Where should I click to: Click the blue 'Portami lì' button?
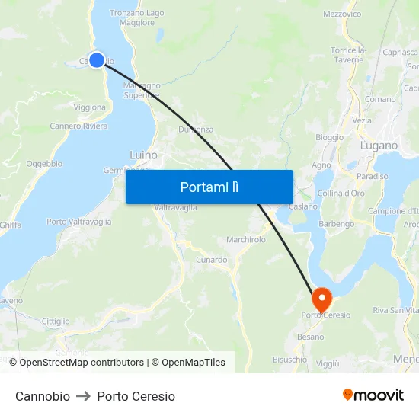click(x=209, y=187)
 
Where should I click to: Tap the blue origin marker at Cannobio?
click(x=97, y=59)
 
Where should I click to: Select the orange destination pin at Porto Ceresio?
click(x=321, y=298)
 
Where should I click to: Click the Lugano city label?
click(x=379, y=146)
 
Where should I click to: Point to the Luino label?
click(x=144, y=155)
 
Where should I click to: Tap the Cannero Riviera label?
click(x=78, y=126)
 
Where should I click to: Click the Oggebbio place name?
click(x=44, y=164)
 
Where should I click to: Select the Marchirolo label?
click(x=246, y=239)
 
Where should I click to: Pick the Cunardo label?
click(x=210, y=260)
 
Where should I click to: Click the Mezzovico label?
click(x=342, y=14)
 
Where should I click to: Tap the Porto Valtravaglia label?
click(x=78, y=222)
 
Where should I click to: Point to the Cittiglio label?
click(x=56, y=321)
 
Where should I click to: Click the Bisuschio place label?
click(x=289, y=359)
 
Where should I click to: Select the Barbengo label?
click(x=336, y=224)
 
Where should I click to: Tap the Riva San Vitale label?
click(x=395, y=310)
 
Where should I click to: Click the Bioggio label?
click(x=329, y=138)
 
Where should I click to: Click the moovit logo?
click(x=373, y=395)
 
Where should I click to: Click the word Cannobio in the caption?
click(x=43, y=396)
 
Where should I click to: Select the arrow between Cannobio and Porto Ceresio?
click(x=84, y=396)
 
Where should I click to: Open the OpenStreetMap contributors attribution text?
click(x=82, y=363)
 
